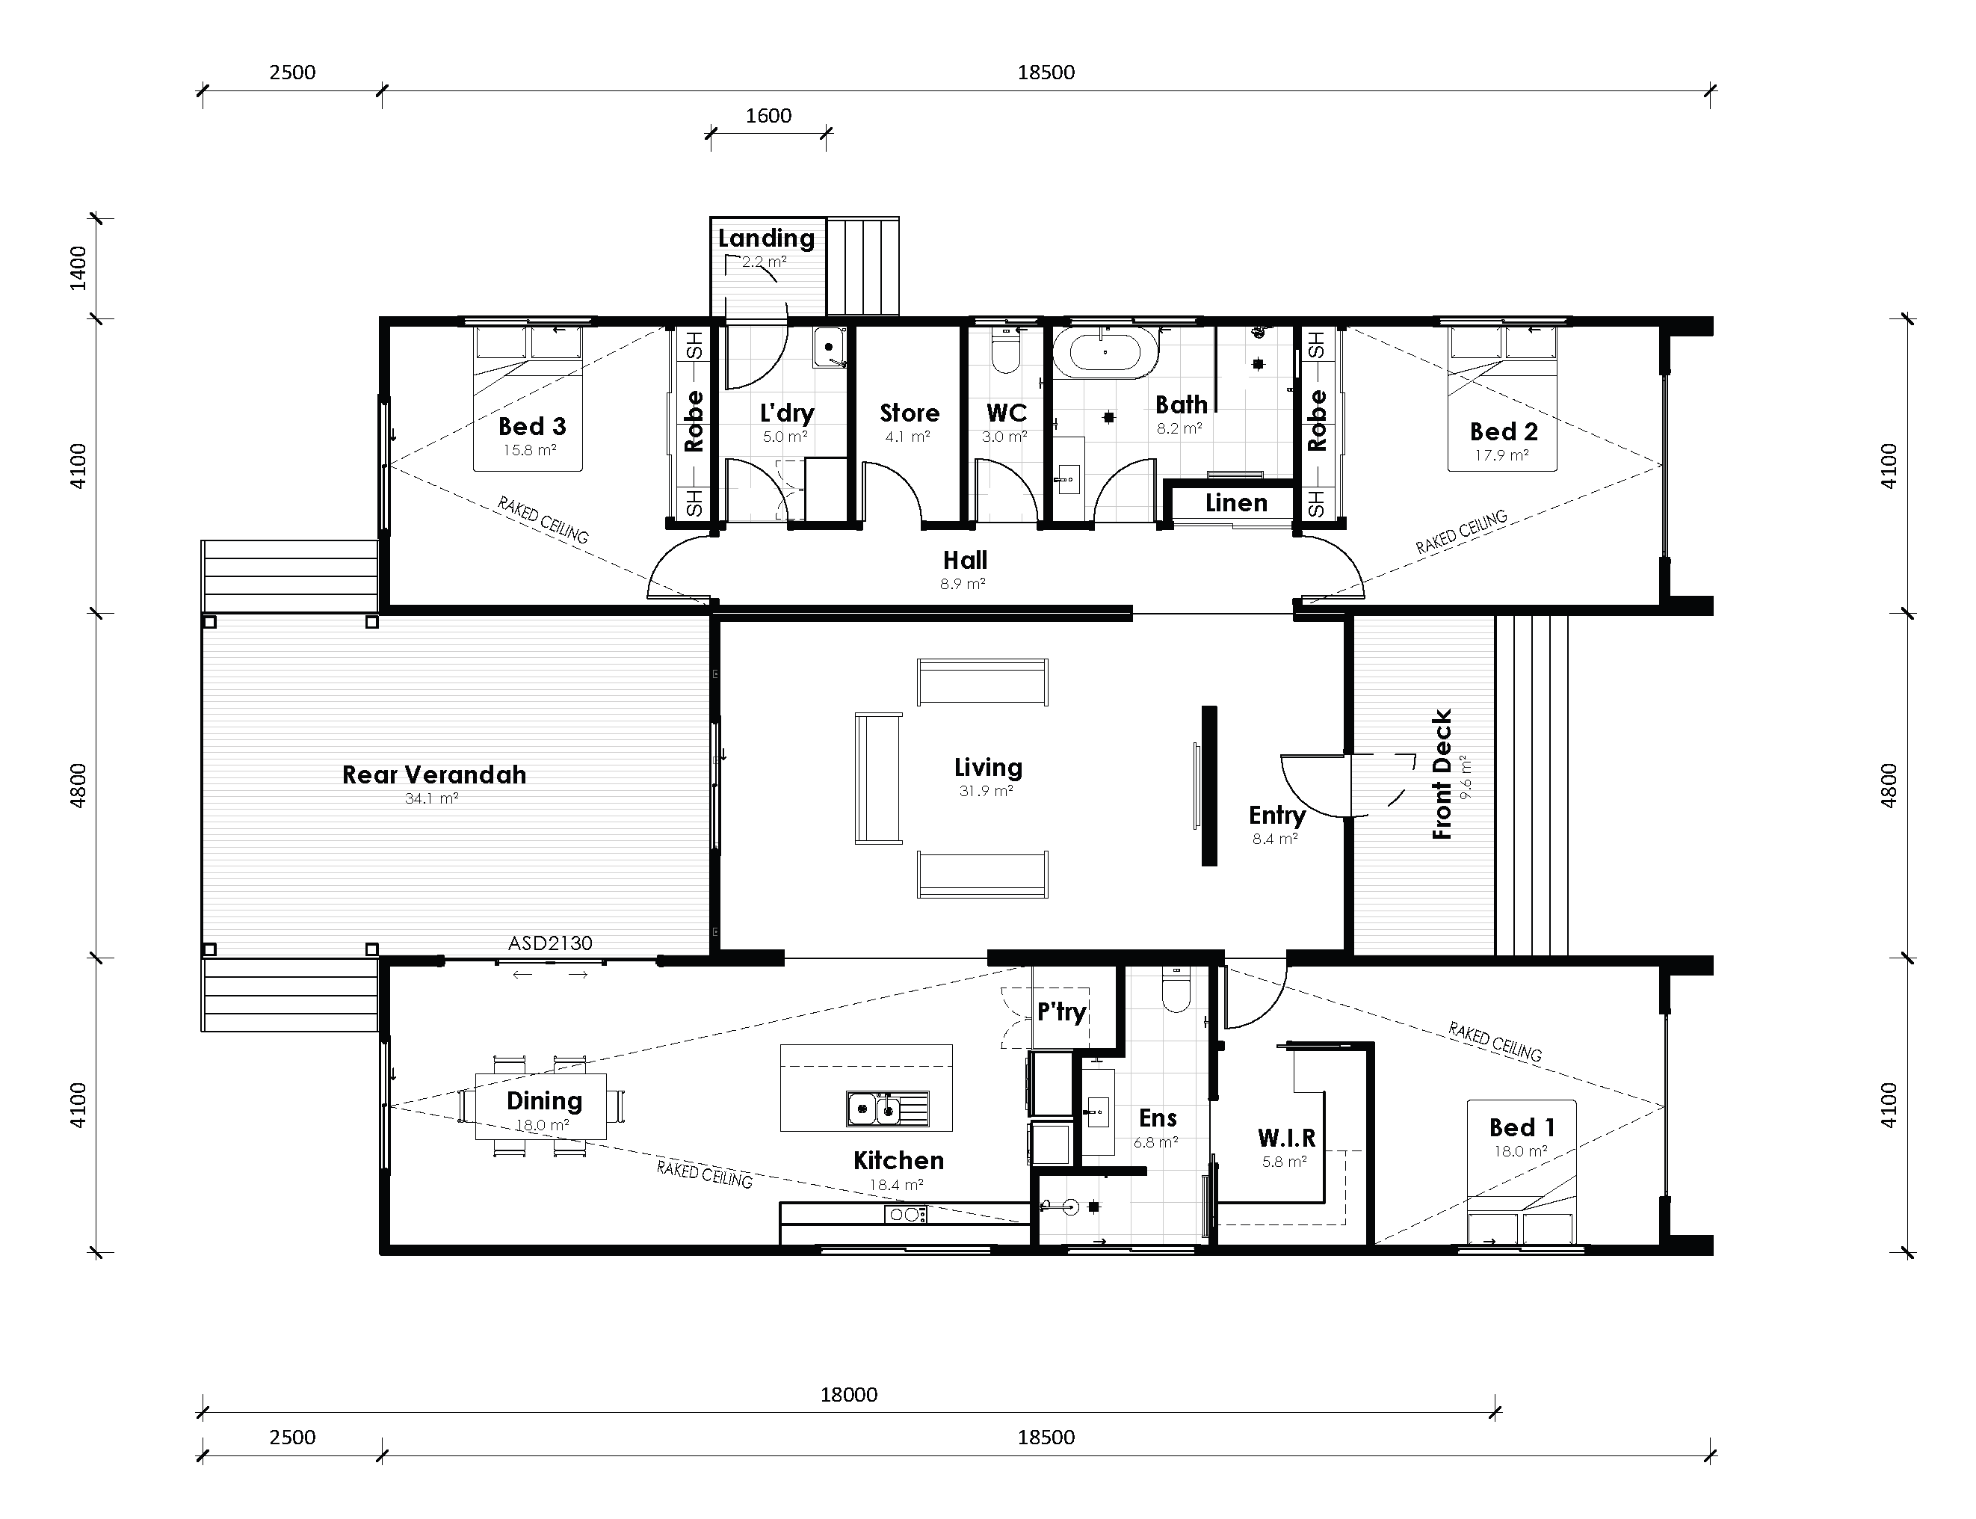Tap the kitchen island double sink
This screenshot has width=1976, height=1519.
[887, 1108]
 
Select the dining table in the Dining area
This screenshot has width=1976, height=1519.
[540, 1106]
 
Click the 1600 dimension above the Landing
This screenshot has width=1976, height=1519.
[768, 116]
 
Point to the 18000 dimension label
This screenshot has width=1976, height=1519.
[848, 1394]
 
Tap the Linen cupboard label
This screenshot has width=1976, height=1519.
[1235, 502]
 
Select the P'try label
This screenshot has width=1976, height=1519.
[1060, 1011]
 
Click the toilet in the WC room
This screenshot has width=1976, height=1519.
[1005, 353]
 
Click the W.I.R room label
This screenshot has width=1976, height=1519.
[1285, 1138]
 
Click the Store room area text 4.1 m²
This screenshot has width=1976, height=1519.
[907, 437]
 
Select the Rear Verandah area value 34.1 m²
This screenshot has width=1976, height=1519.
[431, 798]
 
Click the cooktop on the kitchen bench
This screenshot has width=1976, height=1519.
[905, 1214]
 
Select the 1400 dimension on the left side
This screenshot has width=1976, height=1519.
[78, 268]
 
